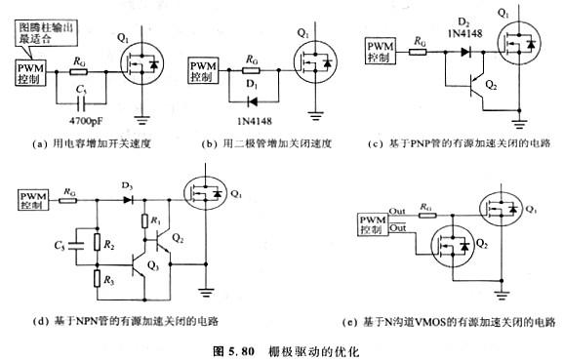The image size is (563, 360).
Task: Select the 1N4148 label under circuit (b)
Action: click(x=251, y=121)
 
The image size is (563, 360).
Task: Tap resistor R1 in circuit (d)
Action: click(x=144, y=222)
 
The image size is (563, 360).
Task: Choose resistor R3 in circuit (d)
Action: click(x=97, y=281)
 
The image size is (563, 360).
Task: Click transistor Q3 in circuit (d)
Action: click(x=145, y=265)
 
